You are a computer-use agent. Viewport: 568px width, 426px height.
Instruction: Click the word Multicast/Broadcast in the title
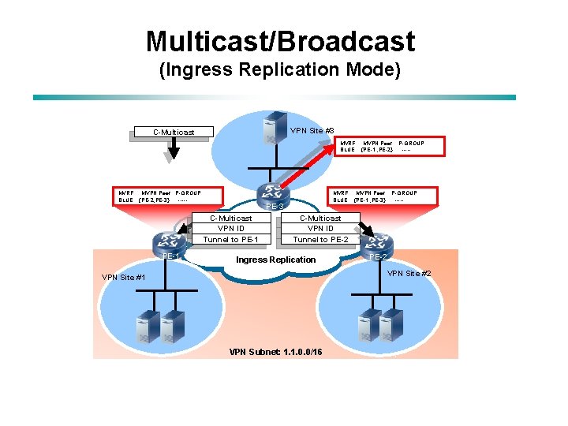click(x=280, y=41)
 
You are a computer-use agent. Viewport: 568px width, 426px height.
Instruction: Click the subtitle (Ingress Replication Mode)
click(x=280, y=70)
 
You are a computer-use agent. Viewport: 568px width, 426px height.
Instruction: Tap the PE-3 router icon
click(x=275, y=193)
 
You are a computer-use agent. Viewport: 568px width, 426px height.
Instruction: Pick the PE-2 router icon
click(x=378, y=243)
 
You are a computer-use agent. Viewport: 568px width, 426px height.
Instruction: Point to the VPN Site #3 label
click(x=312, y=130)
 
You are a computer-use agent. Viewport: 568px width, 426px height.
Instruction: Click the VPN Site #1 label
click(x=123, y=277)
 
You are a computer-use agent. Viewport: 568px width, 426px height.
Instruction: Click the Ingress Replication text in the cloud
click(x=275, y=260)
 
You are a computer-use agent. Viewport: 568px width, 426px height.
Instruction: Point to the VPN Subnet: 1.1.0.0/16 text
click(x=275, y=351)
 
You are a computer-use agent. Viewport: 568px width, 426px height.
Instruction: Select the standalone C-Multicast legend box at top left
click(x=173, y=132)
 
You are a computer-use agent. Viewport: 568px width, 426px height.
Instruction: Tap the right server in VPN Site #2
click(x=389, y=327)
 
